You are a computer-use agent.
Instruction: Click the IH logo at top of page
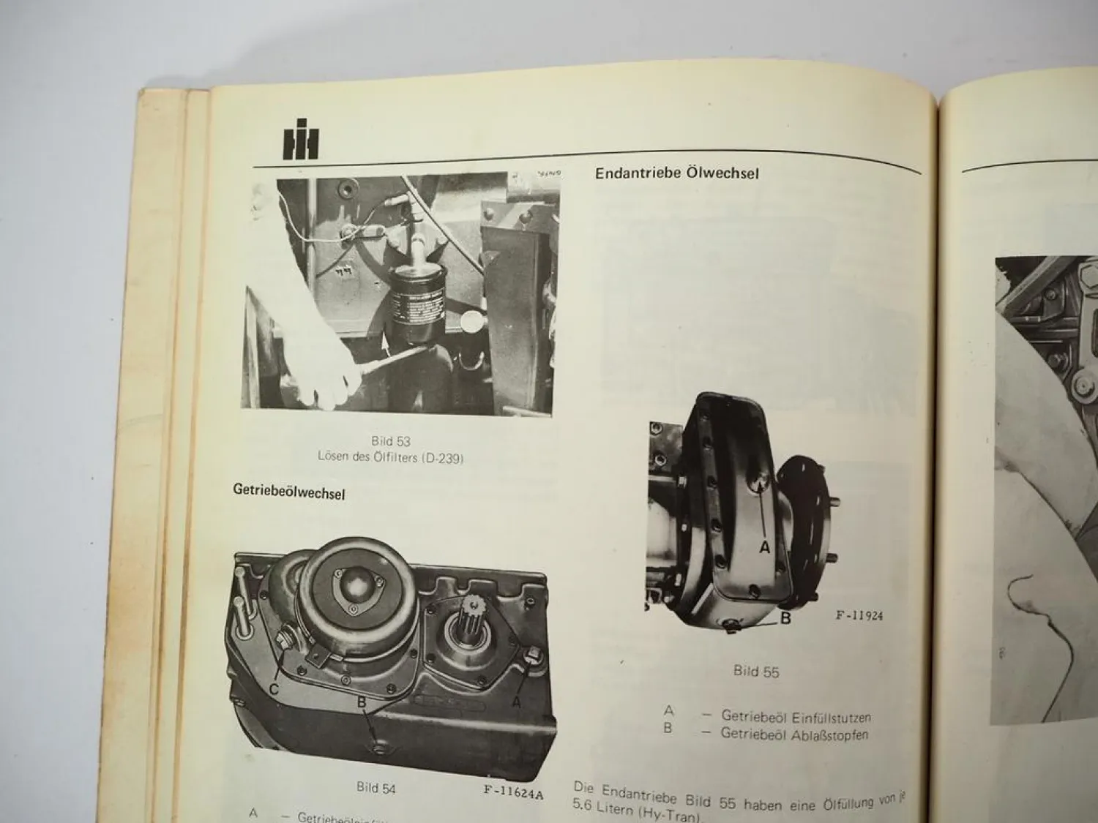click(300, 140)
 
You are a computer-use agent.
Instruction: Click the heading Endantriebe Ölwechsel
click(676, 173)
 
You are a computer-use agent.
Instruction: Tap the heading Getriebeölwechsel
click(288, 492)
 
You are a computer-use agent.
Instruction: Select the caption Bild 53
click(390, 441)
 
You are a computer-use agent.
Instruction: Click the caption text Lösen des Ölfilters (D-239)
click(390, 457)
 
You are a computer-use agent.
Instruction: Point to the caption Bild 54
click(376, 787)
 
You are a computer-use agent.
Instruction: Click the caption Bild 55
click(756, 671)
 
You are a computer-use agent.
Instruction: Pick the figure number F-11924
click(859, 616)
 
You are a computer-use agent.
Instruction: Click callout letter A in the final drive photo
click(764, 547)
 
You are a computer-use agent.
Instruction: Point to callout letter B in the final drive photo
click(786, 618)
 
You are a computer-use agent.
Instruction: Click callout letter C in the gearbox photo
click(273, 688)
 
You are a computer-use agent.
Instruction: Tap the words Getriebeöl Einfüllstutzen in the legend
click(796, 717)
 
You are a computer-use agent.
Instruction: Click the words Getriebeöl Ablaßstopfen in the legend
click(794, 734)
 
